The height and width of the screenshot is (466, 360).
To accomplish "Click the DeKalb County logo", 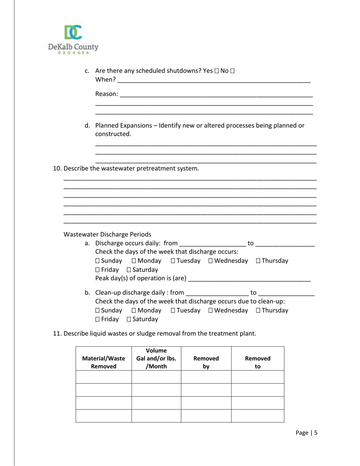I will click(x=73, y=40).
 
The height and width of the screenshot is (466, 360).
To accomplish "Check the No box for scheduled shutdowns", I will click(x=232, y=71).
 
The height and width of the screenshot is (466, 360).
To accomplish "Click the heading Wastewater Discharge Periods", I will click(x=107, y=234).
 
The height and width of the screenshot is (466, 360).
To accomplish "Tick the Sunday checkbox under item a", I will click(x=97, y=261).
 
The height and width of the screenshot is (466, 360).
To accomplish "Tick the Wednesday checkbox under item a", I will click(x=211, y=261).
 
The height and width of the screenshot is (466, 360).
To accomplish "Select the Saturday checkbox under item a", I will click(x=129, y=270).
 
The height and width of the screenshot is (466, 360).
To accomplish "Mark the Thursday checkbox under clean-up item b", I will click(x=258, y=310).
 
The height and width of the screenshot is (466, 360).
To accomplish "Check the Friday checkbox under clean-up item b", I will click(x=97, y=319).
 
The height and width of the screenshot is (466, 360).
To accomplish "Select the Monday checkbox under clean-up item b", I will click(x=134, y=310).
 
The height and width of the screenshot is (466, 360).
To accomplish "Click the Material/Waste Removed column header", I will click(x=103, y=362).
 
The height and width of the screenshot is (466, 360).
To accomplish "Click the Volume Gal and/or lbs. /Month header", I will click(x=156, y=358).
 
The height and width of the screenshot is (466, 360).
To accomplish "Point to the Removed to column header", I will click(x=258, y=362).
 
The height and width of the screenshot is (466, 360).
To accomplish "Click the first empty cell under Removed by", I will click(x=206, y=377).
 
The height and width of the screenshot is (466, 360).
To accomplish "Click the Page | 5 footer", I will click(x=306, y=433).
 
